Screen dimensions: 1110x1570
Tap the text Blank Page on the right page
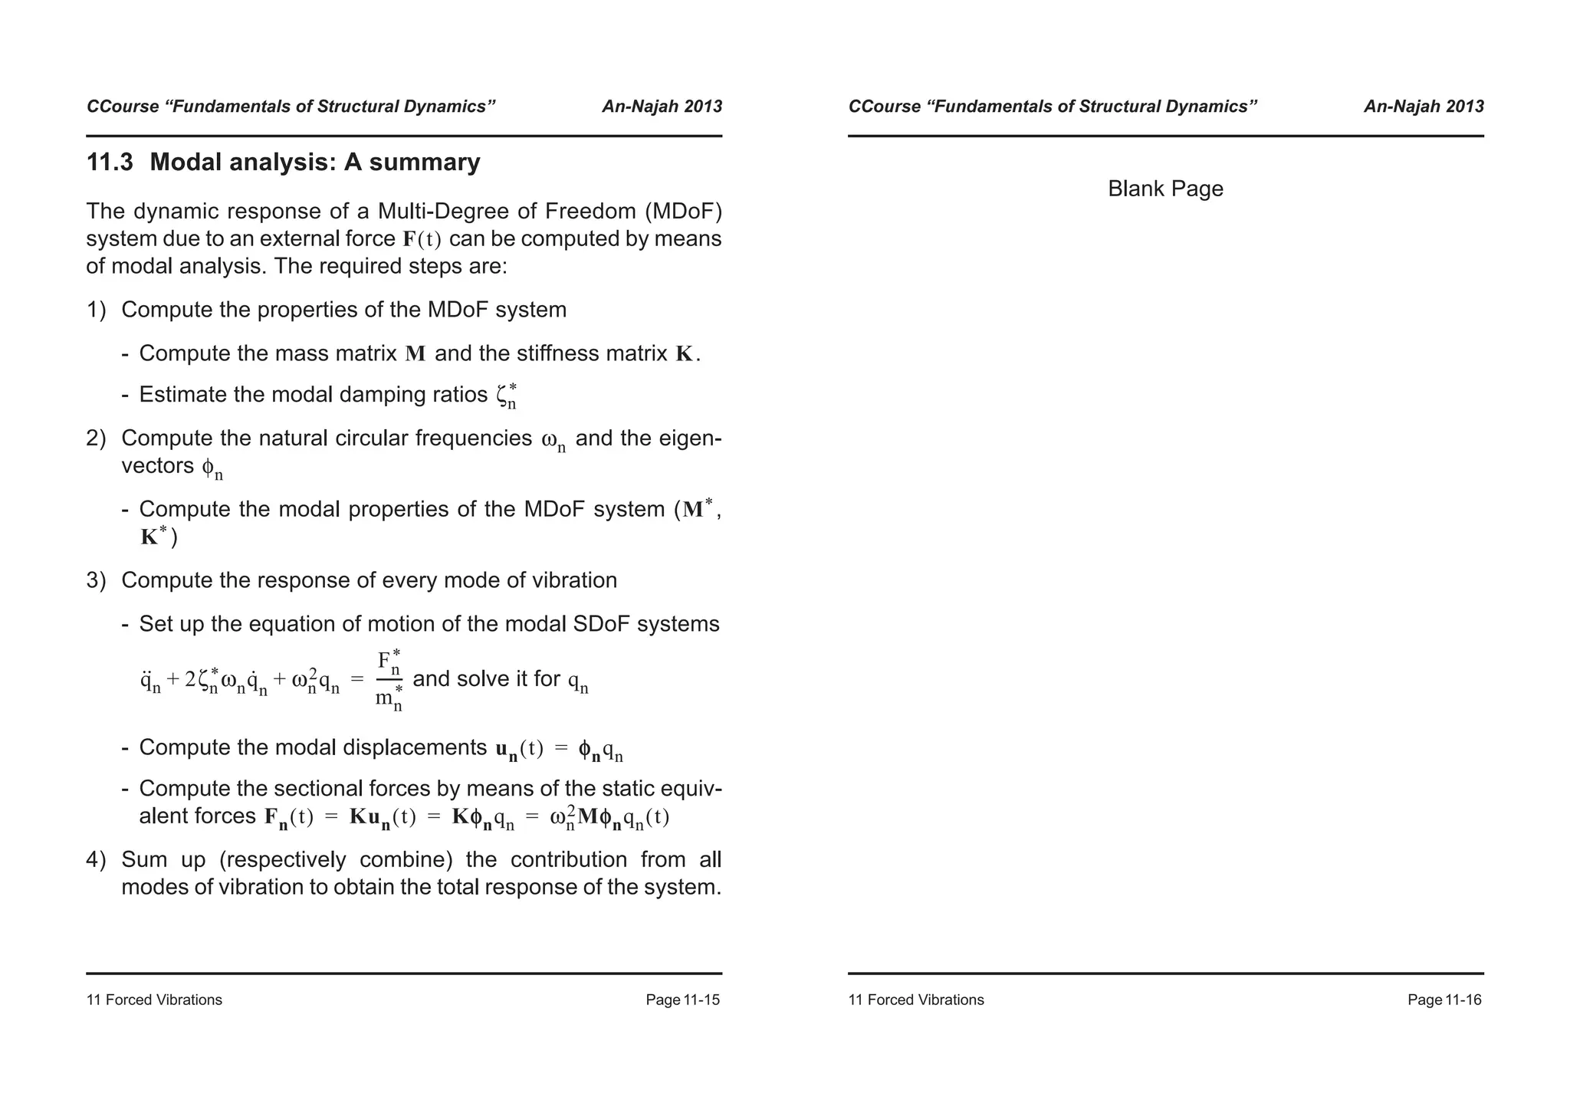(x=1164, y=189)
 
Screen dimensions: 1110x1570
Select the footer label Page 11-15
(x=682, y=1000)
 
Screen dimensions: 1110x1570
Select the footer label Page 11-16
(x=1444, y=1000)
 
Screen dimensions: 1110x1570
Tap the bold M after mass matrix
(x=415, y=354)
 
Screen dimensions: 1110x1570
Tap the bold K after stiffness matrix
(x=684, y=354)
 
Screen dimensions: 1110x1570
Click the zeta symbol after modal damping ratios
(x=505, y=396)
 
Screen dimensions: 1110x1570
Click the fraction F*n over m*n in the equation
(x=389, y=680)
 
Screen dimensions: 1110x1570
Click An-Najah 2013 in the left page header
(x=662, y=107)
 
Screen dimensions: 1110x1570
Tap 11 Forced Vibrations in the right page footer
(x=915, y=1000)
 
